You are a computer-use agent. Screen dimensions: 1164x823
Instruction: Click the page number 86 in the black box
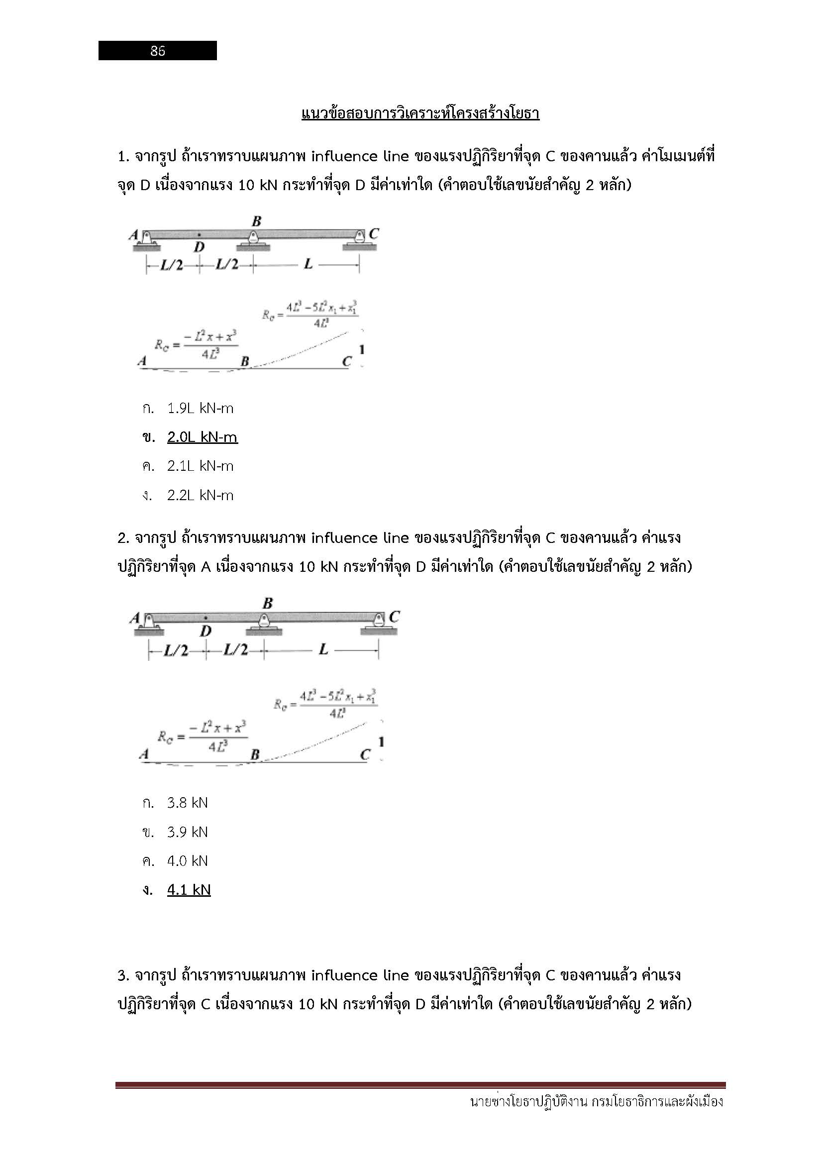(158, 51)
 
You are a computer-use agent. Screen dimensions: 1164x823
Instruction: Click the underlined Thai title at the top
(420, 113)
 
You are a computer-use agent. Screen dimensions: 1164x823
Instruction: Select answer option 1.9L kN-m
(200, 408)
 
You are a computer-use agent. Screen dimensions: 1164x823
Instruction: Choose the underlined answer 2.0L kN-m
(202, 437)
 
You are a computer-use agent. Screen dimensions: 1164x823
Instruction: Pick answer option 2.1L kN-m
(200, 466)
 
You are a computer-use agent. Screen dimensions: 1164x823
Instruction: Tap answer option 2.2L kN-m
(200, 495)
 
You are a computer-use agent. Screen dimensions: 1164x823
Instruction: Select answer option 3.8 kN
(188, 803)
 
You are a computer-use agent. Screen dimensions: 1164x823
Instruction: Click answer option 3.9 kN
(188, 832)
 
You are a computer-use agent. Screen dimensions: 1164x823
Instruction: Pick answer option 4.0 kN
(188, 861)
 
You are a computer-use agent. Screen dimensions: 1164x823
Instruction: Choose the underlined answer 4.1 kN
(189, 890)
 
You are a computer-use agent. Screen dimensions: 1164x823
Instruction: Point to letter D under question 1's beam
(199, 247)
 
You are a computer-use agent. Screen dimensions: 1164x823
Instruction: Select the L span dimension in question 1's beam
(308, 264)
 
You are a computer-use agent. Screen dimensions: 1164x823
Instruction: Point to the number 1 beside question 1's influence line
(362, 350)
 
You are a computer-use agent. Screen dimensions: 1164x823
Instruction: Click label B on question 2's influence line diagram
(255, 755)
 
